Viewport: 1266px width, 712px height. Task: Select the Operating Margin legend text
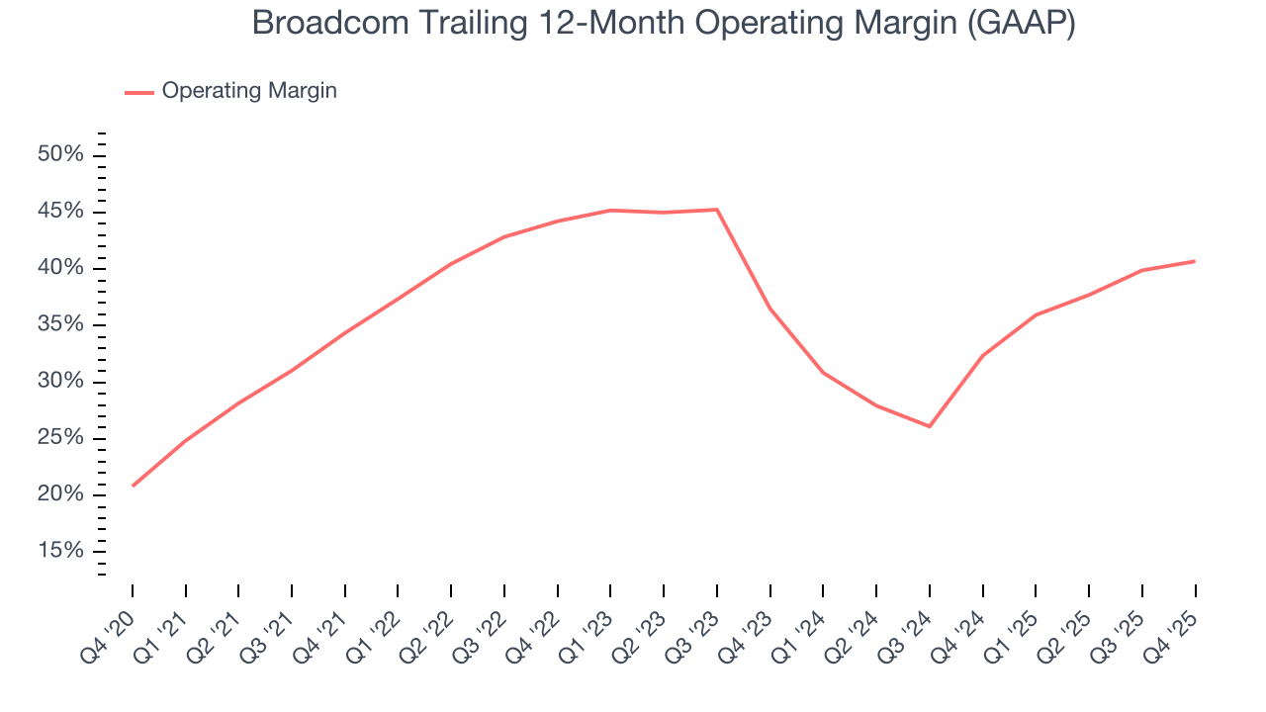[x=249, y=91]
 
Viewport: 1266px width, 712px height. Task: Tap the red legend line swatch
[x=138, y=92]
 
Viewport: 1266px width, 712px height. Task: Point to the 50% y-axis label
[x=61, y=155]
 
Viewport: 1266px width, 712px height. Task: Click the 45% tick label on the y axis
[x=61, y=212]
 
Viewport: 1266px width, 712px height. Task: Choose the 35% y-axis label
[x=61, y=325]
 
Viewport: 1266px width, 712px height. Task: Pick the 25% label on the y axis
[x=61, y=438]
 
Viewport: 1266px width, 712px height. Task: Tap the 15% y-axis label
[x=61, y=551]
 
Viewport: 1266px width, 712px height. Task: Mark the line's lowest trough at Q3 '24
[x=930, y=426]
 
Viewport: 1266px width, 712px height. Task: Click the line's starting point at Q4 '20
[x=133, y=486]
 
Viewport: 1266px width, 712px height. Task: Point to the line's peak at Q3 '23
[x=717, y=210]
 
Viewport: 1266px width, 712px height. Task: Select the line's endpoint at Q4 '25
[x=1195, y=261]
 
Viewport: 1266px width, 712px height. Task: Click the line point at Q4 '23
[x=769, y=309]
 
